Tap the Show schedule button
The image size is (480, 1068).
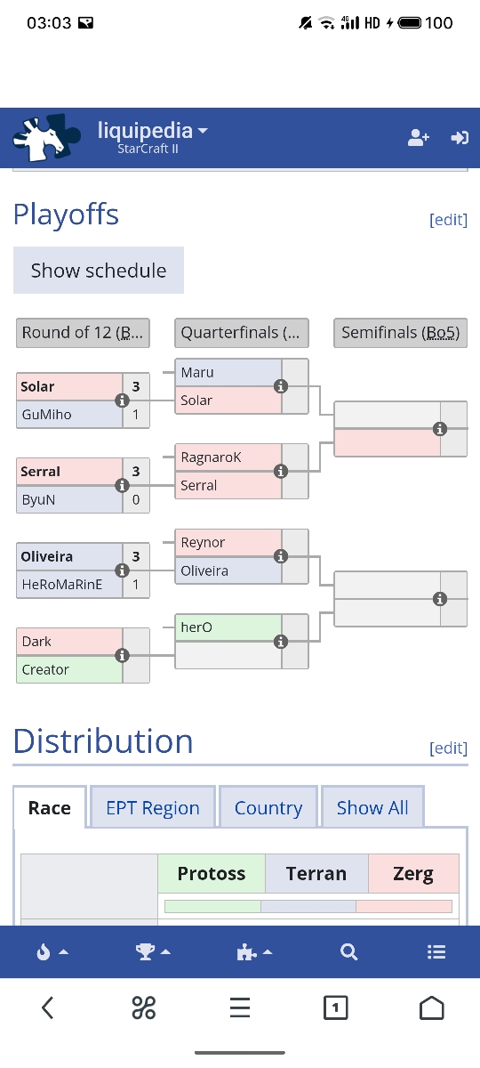pos(99,271)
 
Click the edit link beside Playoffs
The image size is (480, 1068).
pos(448,220)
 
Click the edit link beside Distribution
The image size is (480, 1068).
pos(448,748)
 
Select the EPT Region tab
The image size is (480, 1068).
pos(152,808)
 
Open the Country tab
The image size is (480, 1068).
pos(268,808)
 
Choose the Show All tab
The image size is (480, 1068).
pos(372,808)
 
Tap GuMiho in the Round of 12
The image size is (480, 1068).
pos(46,415)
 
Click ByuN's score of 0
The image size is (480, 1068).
pos(136,499)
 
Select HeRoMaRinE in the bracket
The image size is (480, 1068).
pos(62,585)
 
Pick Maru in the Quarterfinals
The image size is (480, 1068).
pos(197,372)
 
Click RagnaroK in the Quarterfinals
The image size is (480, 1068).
pos(211,457)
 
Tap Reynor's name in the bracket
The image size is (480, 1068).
pos(203,543)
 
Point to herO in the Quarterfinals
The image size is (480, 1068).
pos(196,627)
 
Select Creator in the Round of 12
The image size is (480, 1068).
pos(45,670)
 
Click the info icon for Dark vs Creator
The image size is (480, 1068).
pos(123,656)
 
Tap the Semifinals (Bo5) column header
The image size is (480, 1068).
pos(401,333)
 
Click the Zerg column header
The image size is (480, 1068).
pos(413,873)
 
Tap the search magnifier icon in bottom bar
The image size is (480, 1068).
pos(348,951)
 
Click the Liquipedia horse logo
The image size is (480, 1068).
pos(45,137)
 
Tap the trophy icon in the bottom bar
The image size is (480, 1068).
pos(145,951)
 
